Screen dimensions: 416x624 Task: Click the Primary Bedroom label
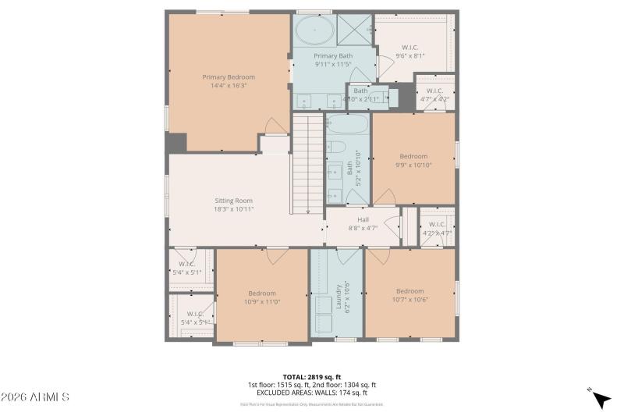point(229,76)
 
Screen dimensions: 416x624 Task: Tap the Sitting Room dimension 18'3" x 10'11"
point(234,209)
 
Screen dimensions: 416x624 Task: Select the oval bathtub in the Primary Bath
point(313,32)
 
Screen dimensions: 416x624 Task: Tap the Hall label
point(363,219)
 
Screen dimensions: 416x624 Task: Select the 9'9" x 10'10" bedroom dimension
point(413,165)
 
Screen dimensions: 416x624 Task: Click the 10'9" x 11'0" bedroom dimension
point(262,301)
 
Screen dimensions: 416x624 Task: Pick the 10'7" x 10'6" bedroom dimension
point(409,299)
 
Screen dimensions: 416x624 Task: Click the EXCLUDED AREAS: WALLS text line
point(311,393)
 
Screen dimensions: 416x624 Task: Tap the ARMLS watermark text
point(36,397)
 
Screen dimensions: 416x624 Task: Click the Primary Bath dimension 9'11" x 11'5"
point(334,65)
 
